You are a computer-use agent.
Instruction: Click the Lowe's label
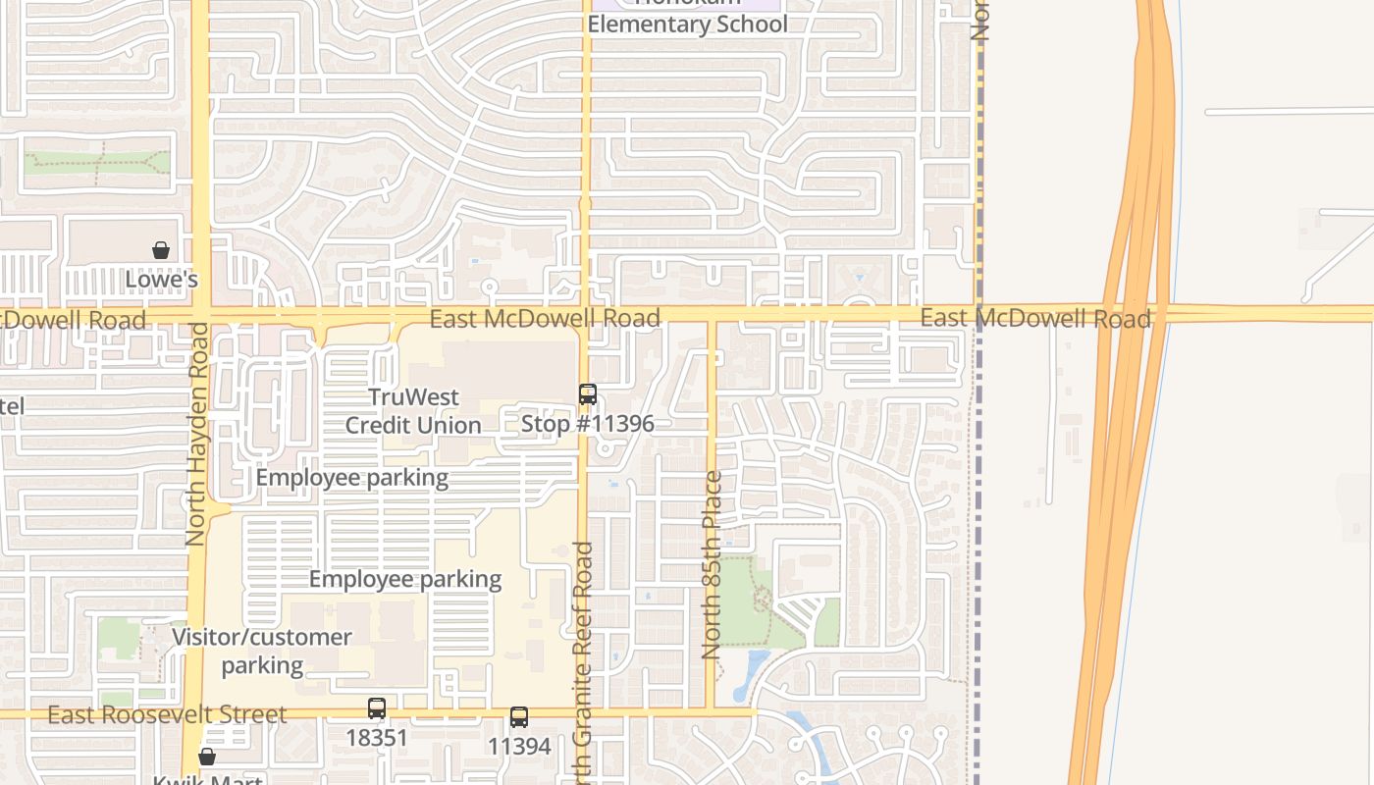coord(162,280)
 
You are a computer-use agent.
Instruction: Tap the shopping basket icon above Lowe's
coord(161,251)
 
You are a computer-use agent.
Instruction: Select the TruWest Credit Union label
coord(413,411)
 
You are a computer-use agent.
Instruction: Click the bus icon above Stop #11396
coord(588,394)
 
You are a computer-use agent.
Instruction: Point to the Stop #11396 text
coord(587,424)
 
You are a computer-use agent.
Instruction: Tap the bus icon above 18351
coord(377,708)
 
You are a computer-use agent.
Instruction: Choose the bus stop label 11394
coord(519,747)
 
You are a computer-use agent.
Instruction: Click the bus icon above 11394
coord(519,717)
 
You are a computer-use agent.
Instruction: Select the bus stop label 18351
coord(377,737)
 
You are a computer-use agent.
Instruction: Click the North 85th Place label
coord(713,564)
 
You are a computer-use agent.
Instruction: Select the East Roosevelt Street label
coord(167,714)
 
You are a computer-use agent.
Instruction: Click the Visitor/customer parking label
coord(262,651)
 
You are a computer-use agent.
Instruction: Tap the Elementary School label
coord(687,24)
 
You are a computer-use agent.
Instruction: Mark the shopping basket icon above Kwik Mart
coord(207,757)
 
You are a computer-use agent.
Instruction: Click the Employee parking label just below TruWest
coord(352,478)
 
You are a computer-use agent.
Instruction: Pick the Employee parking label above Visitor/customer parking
coord(405,579)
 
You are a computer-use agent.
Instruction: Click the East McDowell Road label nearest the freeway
coord(1035,318)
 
